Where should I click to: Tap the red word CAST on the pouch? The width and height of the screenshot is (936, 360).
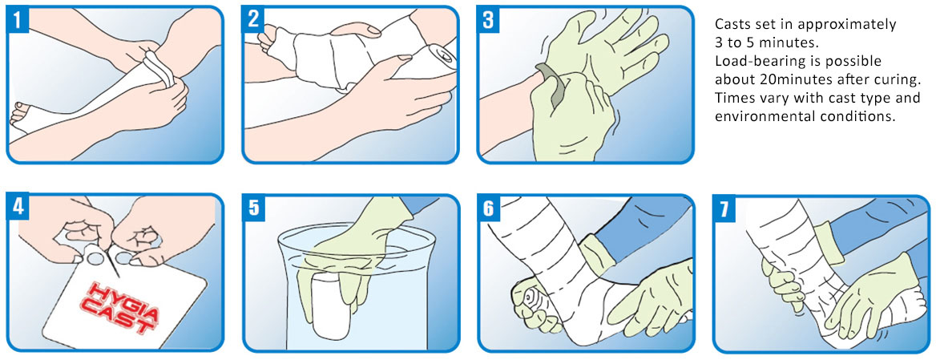(114, 317)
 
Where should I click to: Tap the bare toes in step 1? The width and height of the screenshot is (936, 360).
(22, 113)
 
